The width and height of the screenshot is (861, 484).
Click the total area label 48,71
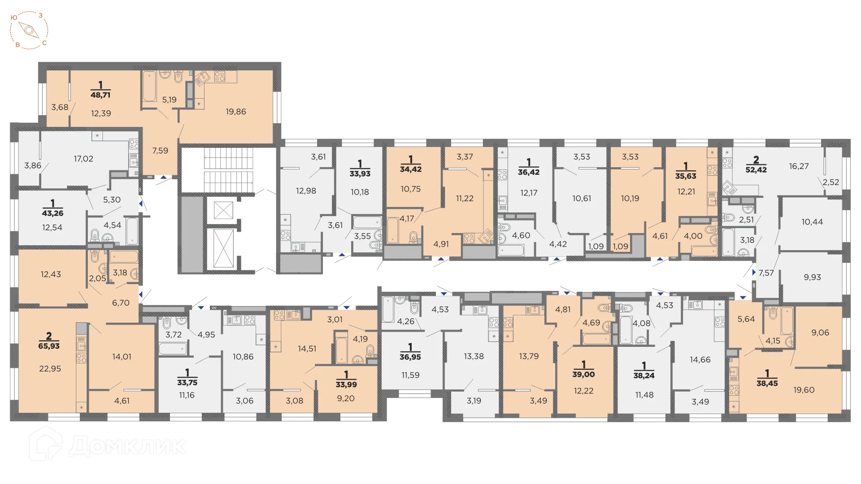click(x=100, y=95)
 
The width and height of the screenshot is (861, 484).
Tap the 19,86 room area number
click(x=236, y=112)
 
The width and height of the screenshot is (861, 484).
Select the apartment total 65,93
click(x=49, y=346)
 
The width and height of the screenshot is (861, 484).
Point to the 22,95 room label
click(x=50, y=369)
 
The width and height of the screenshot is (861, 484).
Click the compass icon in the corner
click(x=29, y=30)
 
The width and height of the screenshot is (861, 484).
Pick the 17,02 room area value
click(x=83, y=159)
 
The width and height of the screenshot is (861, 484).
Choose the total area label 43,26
click(x=52, y=213)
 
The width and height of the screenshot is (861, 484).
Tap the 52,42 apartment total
click(x=756, y=169)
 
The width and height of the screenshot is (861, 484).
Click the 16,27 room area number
click(x=799, y=166)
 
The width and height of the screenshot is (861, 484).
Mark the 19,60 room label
click(x=804, y=390)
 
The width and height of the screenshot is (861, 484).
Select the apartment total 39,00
click(x=583, y=375)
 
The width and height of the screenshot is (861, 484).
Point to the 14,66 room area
click(x=700, y=359)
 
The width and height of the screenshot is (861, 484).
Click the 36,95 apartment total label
click(x=410, y=357)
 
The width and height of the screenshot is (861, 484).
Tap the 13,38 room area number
click(x=474, y=356)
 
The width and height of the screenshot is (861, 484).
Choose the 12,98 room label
click(x=306, y=191)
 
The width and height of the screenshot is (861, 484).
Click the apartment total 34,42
click(x=411, y=169)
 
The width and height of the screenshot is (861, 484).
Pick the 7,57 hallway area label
click(x=766, y=273)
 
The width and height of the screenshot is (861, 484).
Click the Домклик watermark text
click(x=127, y=445)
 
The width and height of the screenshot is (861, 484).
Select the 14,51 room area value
click(x=307, y=349)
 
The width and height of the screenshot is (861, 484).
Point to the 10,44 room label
click(x=812, y=222)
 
